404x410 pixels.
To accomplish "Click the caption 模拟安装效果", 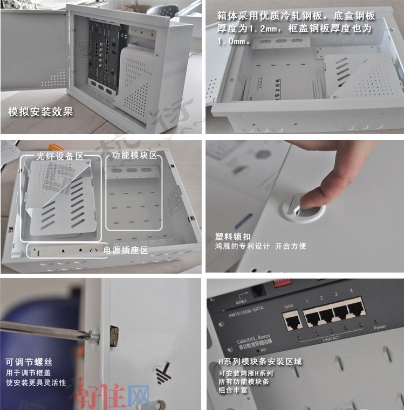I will point(40,112).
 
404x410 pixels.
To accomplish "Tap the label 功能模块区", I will point(134,155).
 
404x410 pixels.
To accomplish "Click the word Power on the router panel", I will point(379,326).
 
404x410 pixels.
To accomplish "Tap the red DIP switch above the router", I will point(282,283).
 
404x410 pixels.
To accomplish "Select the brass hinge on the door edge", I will point(114,335).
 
